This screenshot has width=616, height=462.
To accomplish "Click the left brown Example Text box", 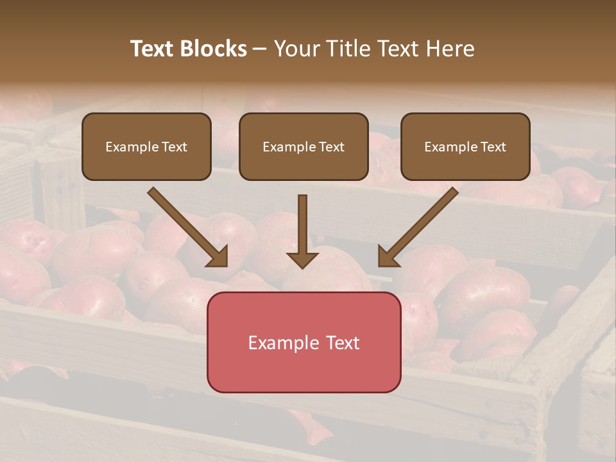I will [x=146, y=147].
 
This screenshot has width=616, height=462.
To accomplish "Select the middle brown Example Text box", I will [x=304, y=147].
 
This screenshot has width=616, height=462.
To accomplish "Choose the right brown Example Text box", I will [x=465, y=147].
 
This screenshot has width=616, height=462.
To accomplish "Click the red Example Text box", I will [x=304, y=343].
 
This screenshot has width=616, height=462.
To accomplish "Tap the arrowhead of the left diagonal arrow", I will [x=218, y=257].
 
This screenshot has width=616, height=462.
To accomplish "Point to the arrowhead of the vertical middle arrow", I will [x=302, y=260].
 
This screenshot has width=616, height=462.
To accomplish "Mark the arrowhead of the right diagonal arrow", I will [x=388, y=257].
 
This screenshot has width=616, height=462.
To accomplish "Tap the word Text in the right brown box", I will [x=493, y=147].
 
